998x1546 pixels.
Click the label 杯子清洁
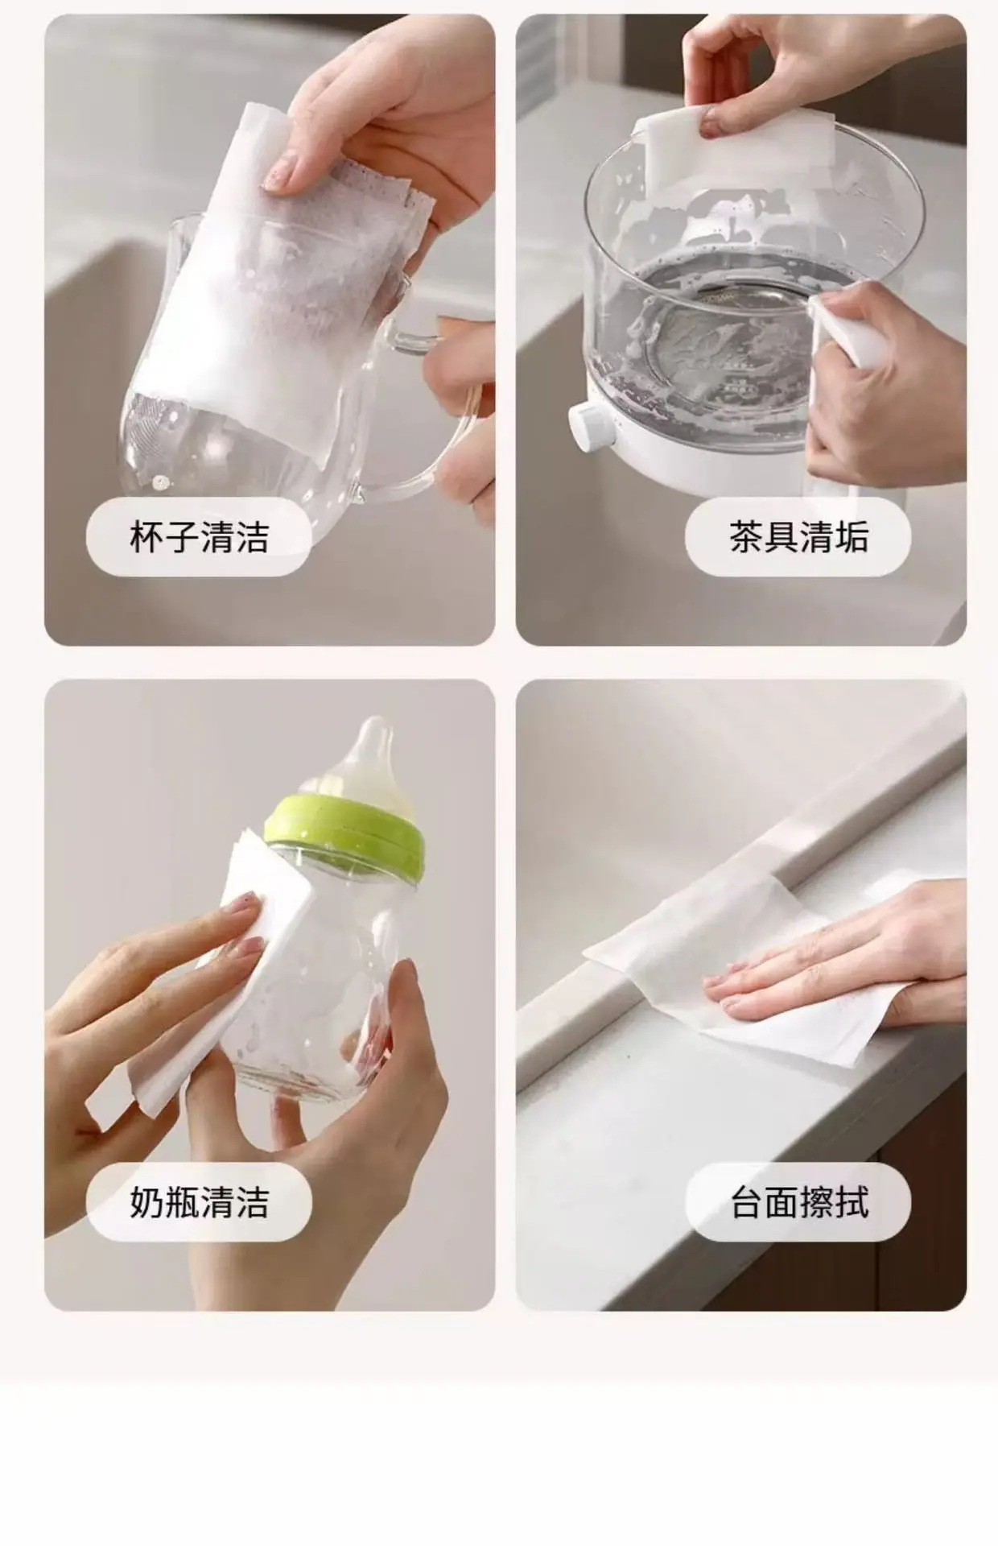pyautogui.click(x=199, y=536)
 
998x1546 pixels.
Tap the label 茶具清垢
pyautogui.click(x=798, y=536)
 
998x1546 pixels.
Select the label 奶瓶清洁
pyautogui.click(x=199, y=1202)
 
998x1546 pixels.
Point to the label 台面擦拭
pyautogui.click(x=799, y=1202)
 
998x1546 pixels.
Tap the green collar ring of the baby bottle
pyautogui.click(x=345, y=833)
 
